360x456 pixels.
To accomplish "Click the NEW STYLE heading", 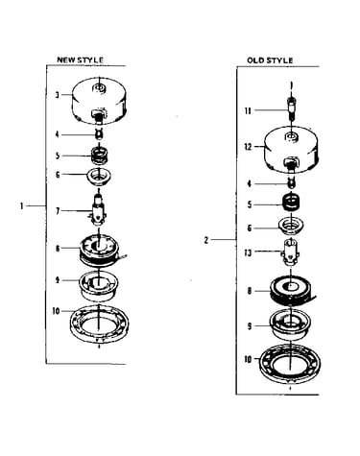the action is [x=80, y=60].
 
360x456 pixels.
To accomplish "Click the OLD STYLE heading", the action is [x=270, y=60].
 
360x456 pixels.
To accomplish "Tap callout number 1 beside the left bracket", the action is [x=21, y=206].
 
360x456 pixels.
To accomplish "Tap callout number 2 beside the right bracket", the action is [x=206, y=240].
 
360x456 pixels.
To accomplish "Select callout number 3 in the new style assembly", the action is [x=57, y=95].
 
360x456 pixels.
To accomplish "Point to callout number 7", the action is [x=58, y=211].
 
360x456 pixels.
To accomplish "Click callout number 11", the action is [x=248, y=110].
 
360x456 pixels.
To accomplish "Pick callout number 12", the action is [x=249, y=147].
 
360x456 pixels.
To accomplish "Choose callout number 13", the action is [x=248, y=252].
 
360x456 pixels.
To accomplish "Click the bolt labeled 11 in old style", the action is [x=291, y=108].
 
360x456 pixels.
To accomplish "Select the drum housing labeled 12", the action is [x=291, y=151].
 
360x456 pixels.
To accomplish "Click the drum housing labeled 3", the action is [x=100, y=102].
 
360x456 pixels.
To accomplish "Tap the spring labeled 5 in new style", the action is [x=100, y=156].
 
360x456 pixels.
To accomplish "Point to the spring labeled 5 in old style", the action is [x=291, y=203].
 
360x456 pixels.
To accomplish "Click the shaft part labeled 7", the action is [x=98, y=209].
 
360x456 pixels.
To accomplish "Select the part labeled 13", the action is [x=290, y=252].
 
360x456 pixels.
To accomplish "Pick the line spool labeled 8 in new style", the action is [x=100, y=251].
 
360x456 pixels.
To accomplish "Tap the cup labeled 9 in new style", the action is [x=99, y=286].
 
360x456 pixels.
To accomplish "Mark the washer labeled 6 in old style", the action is [x=291, y=226].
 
